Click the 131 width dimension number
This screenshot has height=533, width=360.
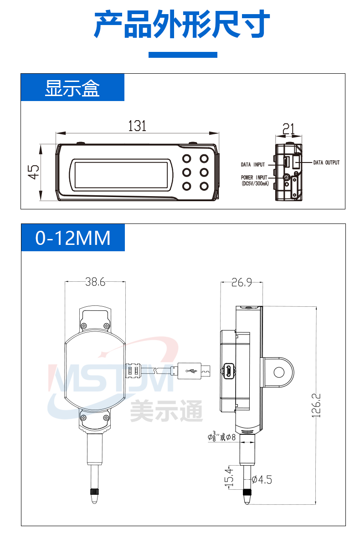[137, 126]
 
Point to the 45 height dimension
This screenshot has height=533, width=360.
[34, 172]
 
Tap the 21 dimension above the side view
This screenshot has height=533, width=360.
[288, 129]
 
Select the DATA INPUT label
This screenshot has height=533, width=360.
[253, 164]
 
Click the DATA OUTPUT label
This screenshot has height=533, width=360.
[326, 162]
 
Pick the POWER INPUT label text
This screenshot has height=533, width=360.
[254, 178]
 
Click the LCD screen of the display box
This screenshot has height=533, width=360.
[121, 174]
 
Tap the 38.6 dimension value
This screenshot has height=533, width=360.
[95, 282]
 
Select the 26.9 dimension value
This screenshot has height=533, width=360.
[242, 282]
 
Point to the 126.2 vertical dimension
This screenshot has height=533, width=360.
[316, 405]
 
